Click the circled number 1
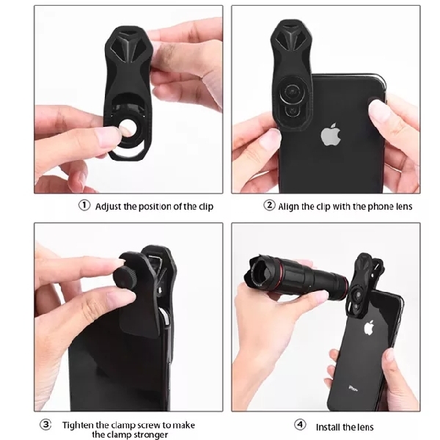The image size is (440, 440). click(x=84, y=205)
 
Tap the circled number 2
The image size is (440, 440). click(x=269, y=205)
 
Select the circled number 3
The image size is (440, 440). click(x=45, y=424)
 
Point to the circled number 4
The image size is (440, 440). click(x=300, y=425)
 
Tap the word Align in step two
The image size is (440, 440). click(x=288, y=207)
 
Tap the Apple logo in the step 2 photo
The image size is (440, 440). click(x=331, y=134)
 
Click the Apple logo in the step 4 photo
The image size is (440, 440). click(x=369, y=328)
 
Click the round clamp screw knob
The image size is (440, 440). click(x=125, y=277)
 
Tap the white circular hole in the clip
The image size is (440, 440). click(x=128, y=128)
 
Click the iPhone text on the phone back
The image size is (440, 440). click(x=353, y=389)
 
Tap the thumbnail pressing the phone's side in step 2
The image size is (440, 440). click(x=379, y=111)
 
